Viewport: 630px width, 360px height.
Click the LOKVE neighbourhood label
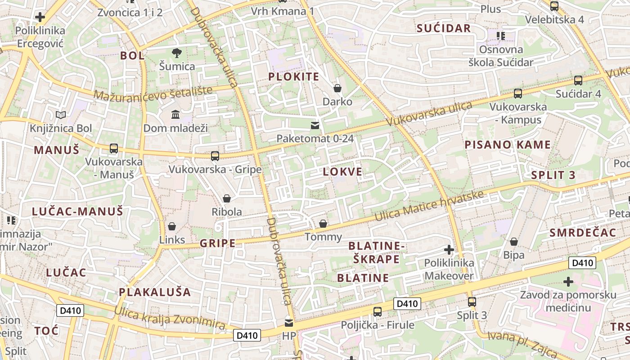tap(342, 171)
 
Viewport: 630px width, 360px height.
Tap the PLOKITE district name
tap(293, 76)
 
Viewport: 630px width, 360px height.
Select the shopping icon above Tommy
tap(323, 223)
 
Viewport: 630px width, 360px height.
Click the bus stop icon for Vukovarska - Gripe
tap(215, 156)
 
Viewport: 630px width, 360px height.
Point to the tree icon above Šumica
tap(177, 53)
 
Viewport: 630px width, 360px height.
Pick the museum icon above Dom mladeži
tap(175, 115)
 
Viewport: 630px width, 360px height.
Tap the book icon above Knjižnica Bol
tap(60, 115)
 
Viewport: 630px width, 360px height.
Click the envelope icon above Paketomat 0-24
tap(315, 125)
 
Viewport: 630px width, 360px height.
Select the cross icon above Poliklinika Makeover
tap(449, 249)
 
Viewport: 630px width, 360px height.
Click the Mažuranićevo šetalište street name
tap(153, 92)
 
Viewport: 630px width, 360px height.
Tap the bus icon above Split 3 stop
tap(472, 302)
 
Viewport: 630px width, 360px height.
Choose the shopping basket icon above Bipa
tap(513, 242)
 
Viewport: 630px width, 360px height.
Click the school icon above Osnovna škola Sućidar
tap(500, 36)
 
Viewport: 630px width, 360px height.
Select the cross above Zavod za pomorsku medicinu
tap(568, 282)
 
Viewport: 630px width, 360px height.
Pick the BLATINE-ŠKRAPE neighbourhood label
tap(377, 252)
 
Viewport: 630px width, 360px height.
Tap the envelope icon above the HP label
tap(288, 323)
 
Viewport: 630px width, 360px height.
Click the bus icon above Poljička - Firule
tap(377, 311)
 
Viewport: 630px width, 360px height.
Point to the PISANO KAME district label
tap(507, 144)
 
